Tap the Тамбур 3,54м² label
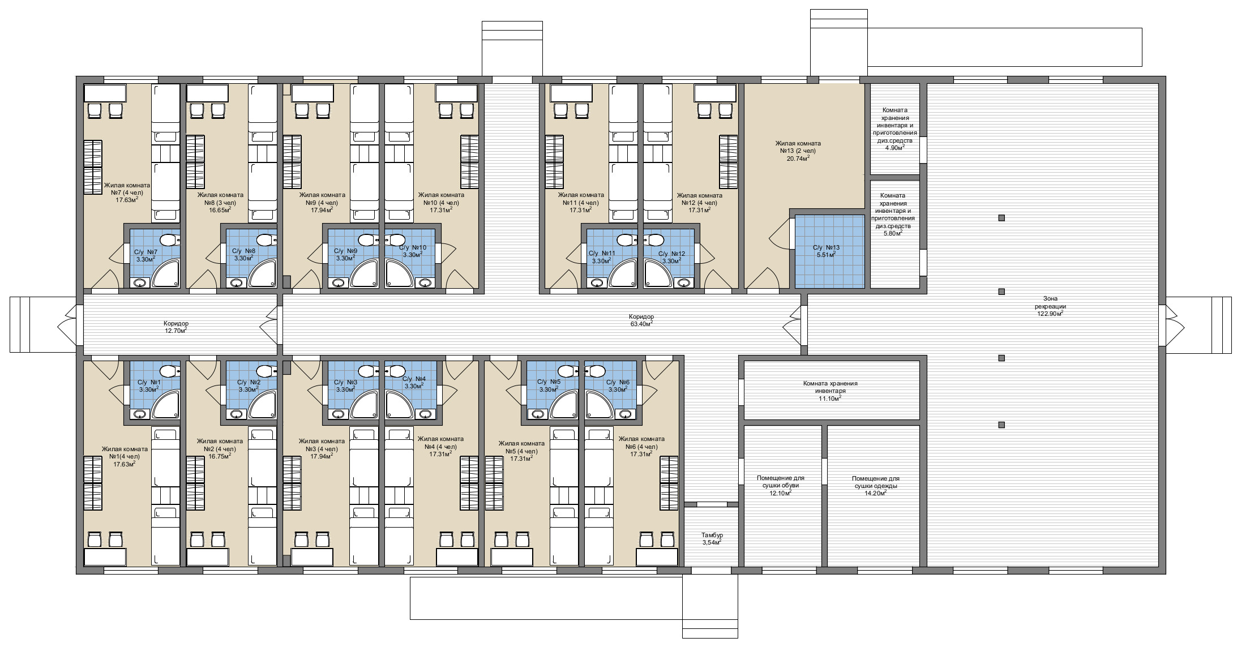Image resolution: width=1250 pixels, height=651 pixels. (712, 538)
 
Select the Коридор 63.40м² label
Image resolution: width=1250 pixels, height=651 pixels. (641, 320)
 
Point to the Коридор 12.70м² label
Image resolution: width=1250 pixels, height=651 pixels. (176, 327)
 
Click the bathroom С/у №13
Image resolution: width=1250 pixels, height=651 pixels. (830, 251)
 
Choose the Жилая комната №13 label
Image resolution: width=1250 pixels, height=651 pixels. (798, 151)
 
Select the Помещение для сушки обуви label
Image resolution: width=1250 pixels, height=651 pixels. (780, 485)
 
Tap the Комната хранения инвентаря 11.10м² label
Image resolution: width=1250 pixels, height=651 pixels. (830, 391)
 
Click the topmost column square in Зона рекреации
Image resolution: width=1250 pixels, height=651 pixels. (1001, 218)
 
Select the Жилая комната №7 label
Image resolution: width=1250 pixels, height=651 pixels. (127, 192)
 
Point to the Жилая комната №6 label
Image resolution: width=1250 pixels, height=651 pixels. (641, 446)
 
